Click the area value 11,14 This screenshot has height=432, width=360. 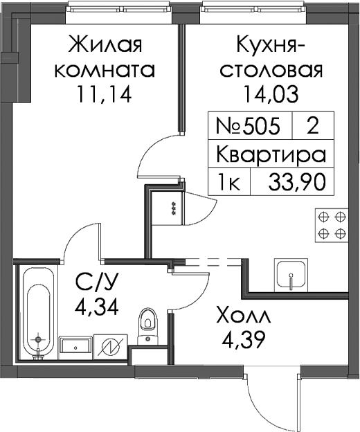coord(105,93)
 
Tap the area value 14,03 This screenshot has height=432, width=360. coord(271,93)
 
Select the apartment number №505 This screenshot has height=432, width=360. coord(248,127)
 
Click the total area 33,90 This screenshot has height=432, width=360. coord(297,182)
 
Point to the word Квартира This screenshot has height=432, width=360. coord(271,154)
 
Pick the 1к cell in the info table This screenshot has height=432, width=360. coord(229,182)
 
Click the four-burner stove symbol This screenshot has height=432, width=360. coord(332,226)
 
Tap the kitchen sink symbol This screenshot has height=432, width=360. coord(291,274)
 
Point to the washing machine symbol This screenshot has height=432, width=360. coord(111,347)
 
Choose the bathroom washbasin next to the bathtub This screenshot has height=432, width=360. coord(75,348)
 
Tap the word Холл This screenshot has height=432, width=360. coord(244,318)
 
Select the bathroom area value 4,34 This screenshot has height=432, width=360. coord(97,307)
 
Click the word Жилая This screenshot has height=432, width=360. coord(105,44)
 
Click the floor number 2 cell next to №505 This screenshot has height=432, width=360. coord(313,127)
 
